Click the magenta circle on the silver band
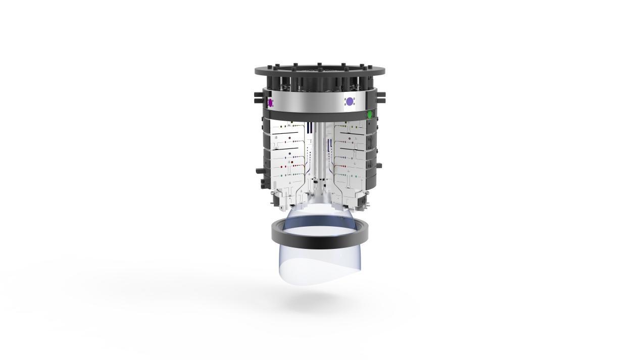[x=270, y=103]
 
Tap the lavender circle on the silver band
[x=349, y=101]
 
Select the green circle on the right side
[x=370, y=115]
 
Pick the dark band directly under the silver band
[x=316, y=117]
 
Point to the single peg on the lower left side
[x=258, y=171]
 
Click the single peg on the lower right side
[x=379, y=165]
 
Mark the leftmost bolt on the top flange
[x=263, y=68]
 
